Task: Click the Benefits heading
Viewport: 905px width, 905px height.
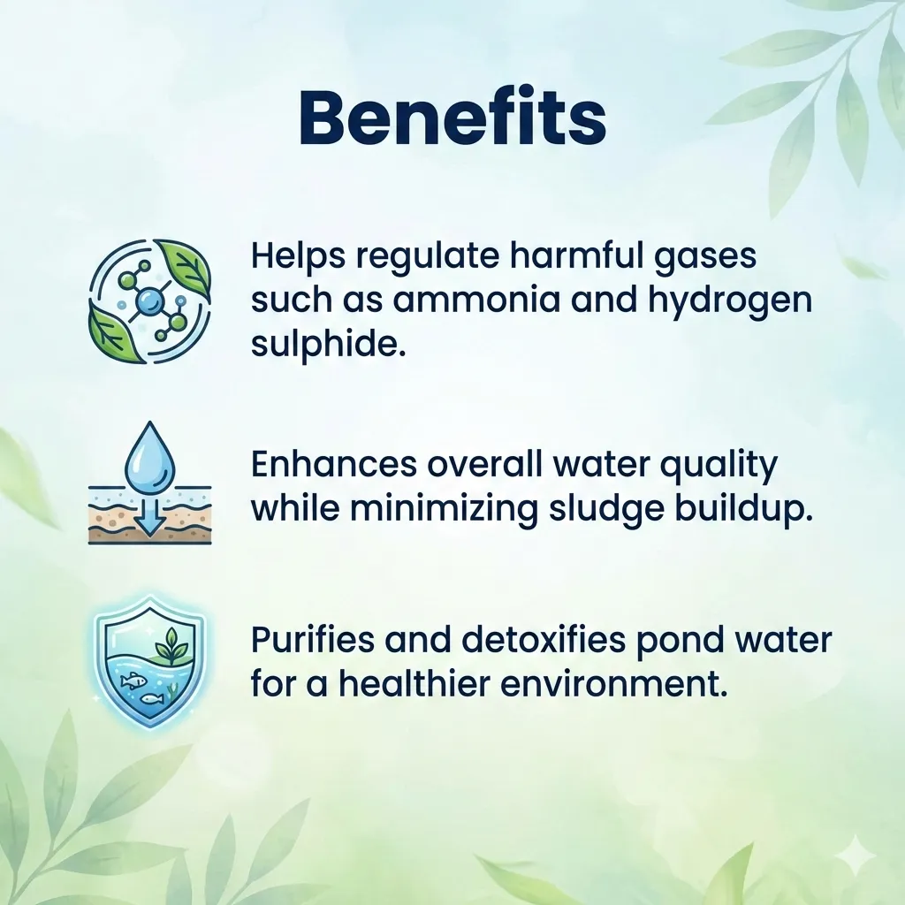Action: pyautogui.click(x=453, y=118)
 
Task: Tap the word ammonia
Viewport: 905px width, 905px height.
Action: pyautogui.click(x=476, y=300)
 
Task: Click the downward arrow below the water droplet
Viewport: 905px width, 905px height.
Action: pyautogui.click(x=150, y=515)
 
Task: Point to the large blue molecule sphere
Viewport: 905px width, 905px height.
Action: pyautogui.click(x=149, y=301)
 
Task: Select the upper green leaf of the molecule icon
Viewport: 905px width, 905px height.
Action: pyautogui.click(x=185, y=269)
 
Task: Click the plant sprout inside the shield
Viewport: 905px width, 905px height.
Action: pyautogui.click(x=171, y=646)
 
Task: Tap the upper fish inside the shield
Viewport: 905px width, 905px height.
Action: pyautogui.click(x=132, y=681)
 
